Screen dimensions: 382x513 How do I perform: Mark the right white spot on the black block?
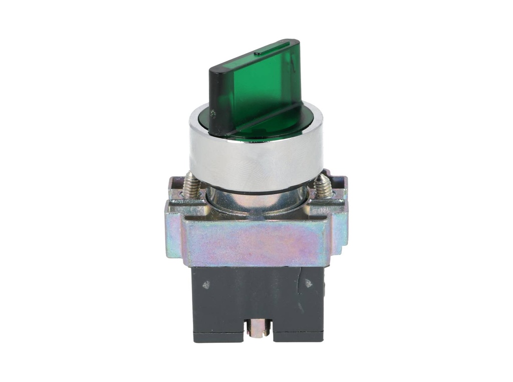(x=308, y=283)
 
